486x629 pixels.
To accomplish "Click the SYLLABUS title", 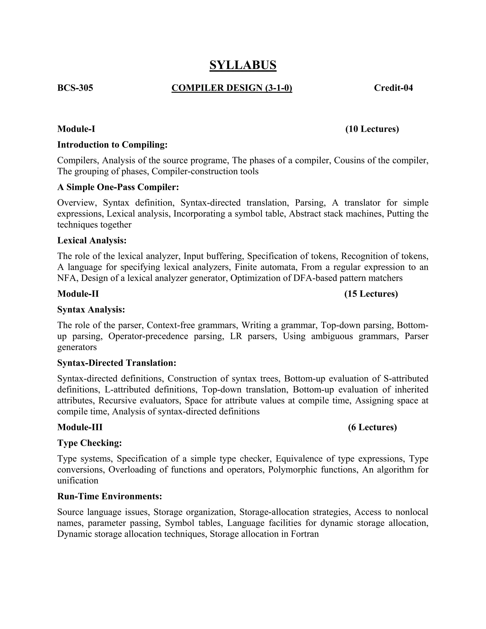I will tap(243, 65).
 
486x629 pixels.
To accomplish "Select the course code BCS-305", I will tap(75, 88).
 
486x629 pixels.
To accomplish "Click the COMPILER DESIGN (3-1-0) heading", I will tap(232, 88).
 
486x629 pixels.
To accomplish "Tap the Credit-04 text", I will tap(393, 88).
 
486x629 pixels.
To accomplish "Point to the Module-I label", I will tap(76, 129).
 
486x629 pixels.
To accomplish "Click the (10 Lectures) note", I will tap(372, 129).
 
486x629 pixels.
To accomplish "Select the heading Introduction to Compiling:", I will tap(112, 145).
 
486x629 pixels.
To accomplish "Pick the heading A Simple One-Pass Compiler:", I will tap(118, 187).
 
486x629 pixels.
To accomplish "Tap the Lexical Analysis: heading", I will tap(92, 240).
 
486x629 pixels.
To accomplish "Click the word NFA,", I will tap(68, 278).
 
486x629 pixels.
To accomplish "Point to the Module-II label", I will tap(78, 294).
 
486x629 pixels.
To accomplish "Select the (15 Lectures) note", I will tap(371, 294).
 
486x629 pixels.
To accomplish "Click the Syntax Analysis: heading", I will tap(91, 310).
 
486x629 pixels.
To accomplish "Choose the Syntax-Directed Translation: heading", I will tap(117, 363).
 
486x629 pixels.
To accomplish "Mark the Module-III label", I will tap(80, 427).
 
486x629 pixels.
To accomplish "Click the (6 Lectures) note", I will tap(372, 427).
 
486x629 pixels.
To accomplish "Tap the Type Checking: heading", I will tap(89, 443).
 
